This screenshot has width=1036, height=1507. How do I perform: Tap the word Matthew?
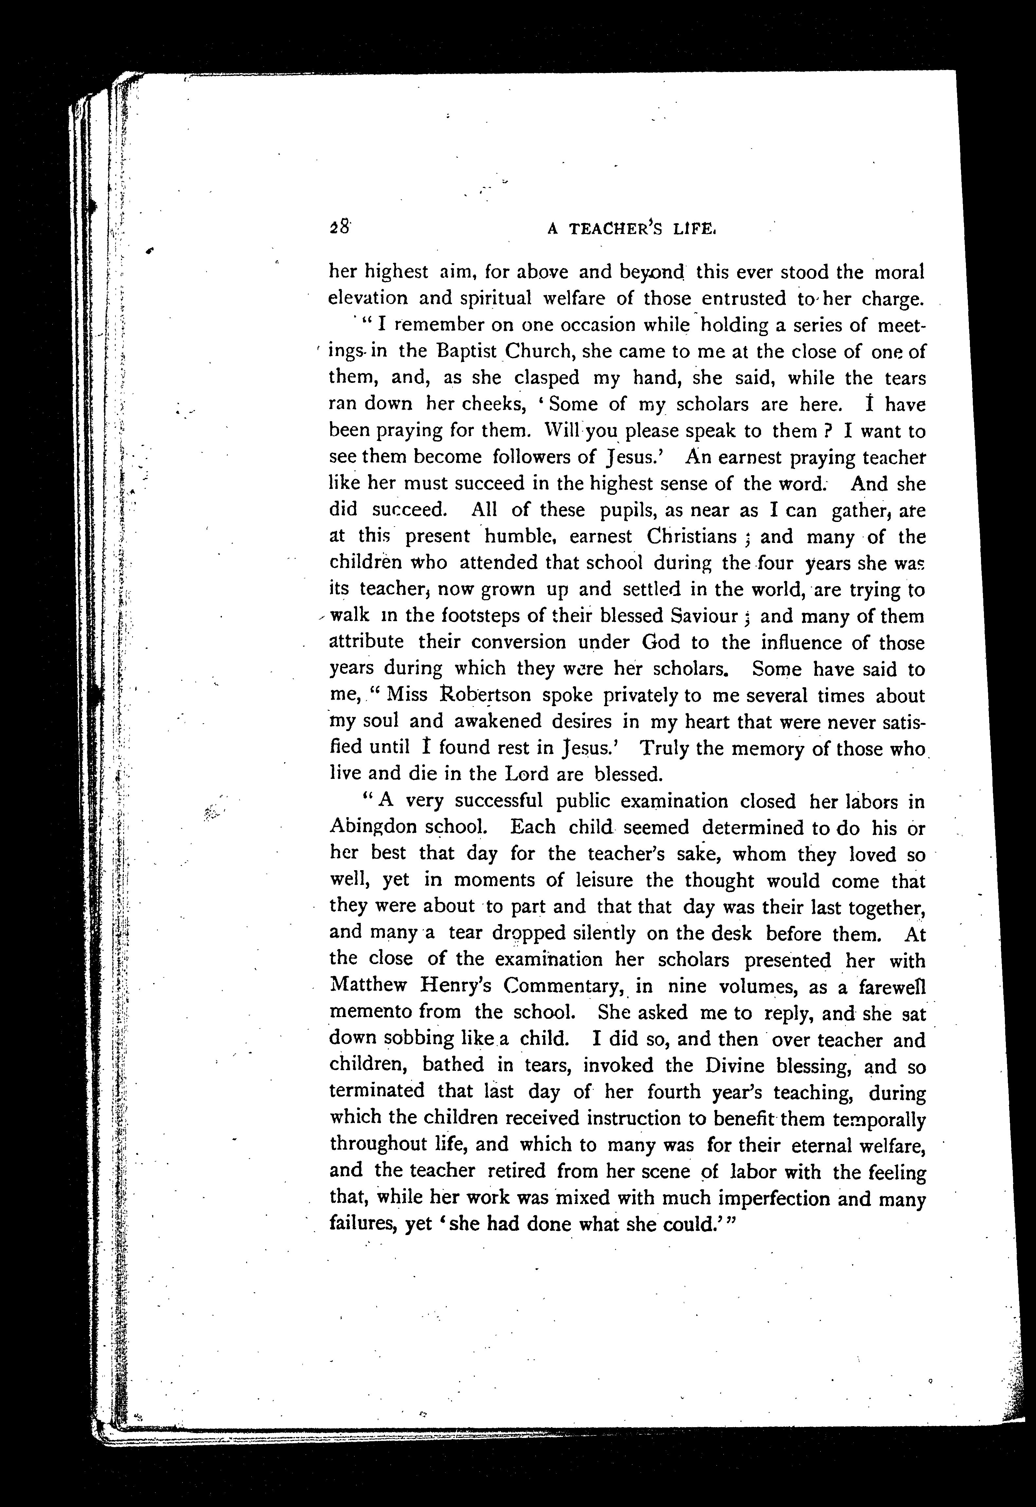[368, 986]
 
